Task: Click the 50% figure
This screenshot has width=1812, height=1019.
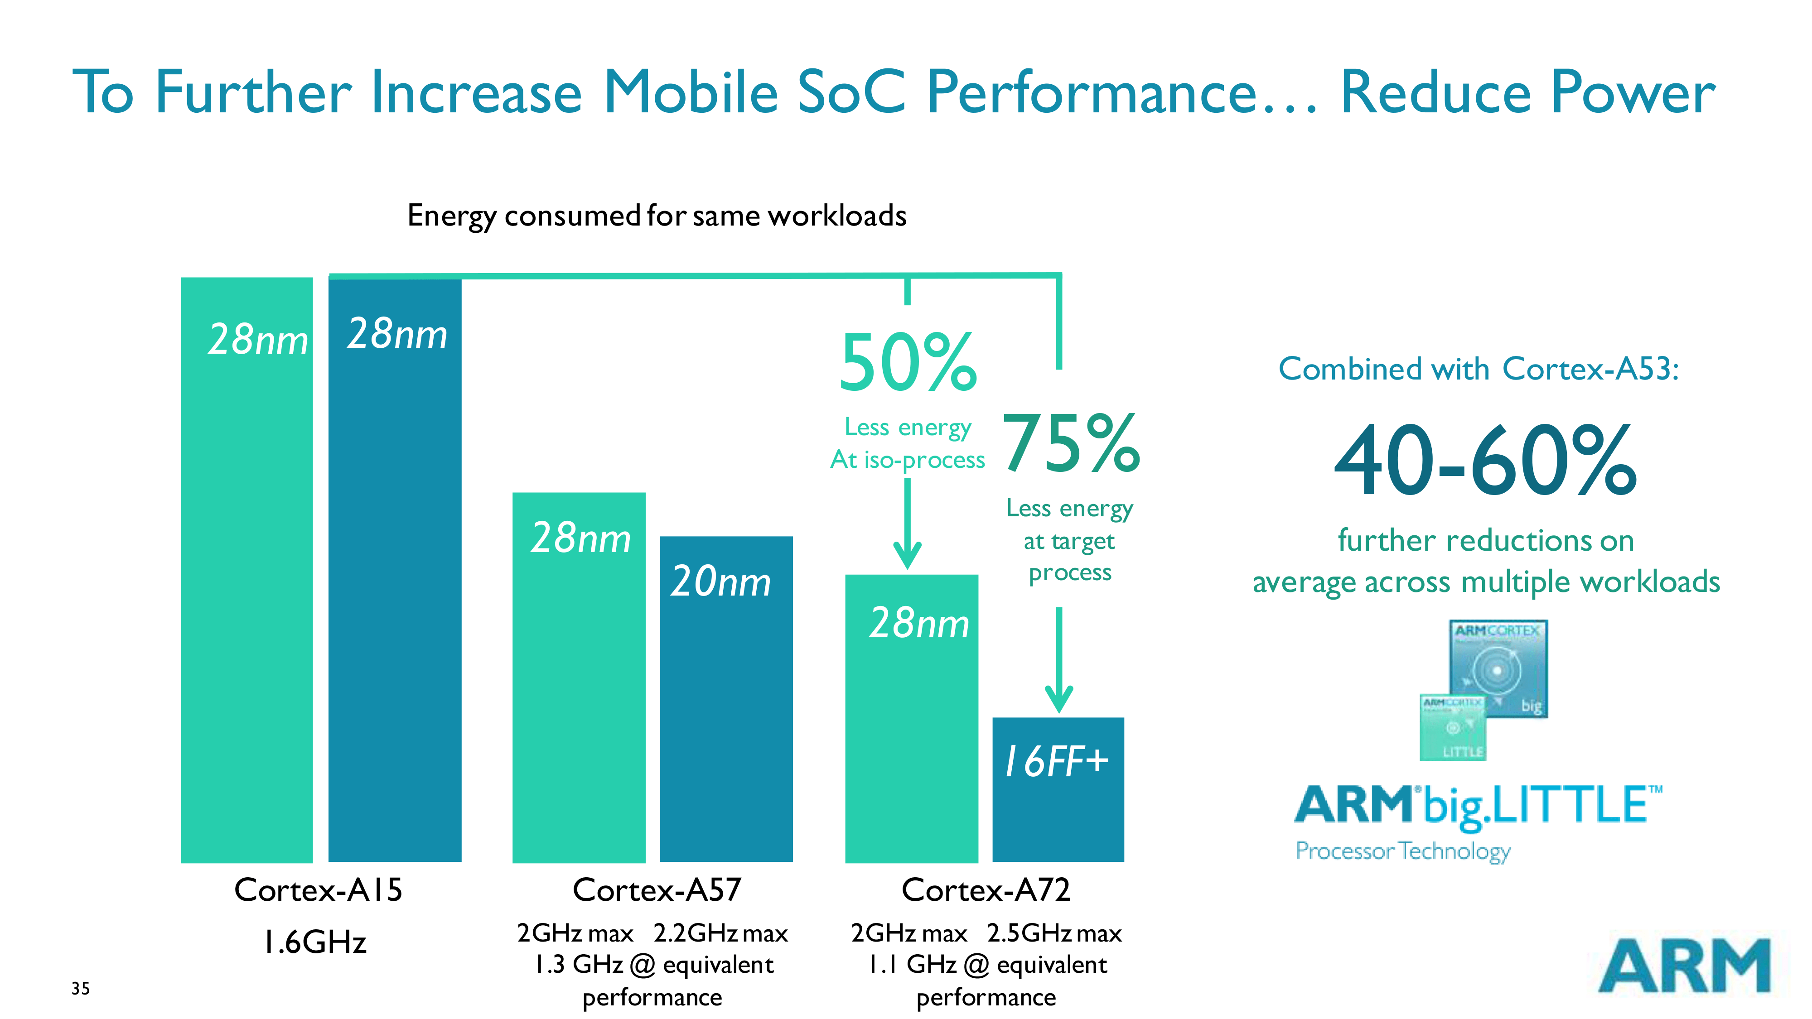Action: tap(908, 364)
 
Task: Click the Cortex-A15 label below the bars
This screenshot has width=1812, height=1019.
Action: tap(318, 890)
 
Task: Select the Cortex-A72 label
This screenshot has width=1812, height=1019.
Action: tap(986, 890)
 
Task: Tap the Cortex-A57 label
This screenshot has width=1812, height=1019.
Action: tap(657, 890)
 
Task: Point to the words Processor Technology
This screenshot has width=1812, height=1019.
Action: tap(1402, 851)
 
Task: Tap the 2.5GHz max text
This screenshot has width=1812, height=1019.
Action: tap(1054, 934)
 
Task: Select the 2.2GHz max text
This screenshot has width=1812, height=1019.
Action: tap(720, 934)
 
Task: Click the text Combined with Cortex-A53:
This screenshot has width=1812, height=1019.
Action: tap(1478, 369)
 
